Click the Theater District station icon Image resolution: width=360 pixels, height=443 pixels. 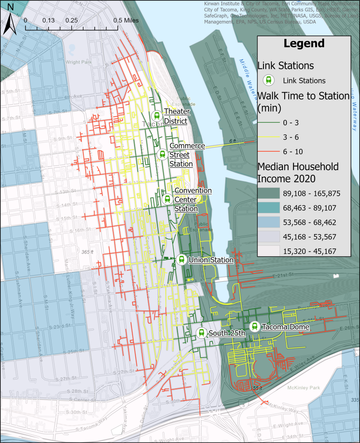[157, 116]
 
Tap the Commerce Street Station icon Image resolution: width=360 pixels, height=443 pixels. [162, 154]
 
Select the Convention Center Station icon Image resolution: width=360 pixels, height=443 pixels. [167, 199]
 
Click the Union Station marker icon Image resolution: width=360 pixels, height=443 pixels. [182, 260]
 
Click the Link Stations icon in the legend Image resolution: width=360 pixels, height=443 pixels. [269, 80]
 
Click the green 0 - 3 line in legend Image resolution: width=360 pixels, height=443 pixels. [269, 123]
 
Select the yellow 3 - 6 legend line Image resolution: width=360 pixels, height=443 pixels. [269, 137]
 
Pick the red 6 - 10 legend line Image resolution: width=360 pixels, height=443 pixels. [269, 151]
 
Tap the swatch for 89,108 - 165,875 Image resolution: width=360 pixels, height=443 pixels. [269, 193]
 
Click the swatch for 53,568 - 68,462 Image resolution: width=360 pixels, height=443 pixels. [269, 222]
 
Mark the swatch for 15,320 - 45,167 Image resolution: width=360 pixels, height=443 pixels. [269, 250]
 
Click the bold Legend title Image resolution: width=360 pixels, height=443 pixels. [304, 43]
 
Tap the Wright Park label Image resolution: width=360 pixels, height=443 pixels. [77, 61]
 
